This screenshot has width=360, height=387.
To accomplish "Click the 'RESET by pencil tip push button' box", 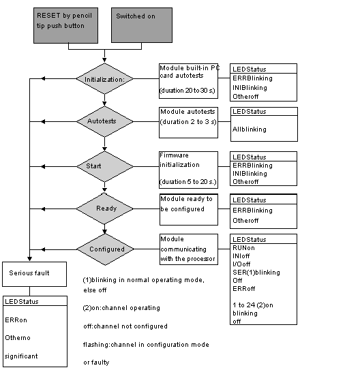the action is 65,25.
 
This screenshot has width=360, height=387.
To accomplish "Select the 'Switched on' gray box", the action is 142,25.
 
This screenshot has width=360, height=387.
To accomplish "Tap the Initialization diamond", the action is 105,79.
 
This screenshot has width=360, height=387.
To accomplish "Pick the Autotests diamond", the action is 105,121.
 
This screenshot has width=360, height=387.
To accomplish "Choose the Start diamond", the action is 105,167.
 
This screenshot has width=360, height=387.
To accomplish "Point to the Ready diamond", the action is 105,208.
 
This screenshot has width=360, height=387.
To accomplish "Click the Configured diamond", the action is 105,249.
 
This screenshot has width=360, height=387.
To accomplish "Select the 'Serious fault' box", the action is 34,274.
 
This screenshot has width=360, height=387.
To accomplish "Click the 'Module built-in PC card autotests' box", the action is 188,81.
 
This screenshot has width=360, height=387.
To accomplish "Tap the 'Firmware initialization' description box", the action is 188,170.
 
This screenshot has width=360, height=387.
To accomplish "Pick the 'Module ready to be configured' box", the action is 189,210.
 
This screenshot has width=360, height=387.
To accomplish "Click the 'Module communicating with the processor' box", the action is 189,249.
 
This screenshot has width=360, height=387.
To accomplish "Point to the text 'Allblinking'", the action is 250,129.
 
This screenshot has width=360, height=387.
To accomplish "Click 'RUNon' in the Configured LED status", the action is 243,248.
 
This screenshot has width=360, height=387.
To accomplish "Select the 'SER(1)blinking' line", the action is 256,273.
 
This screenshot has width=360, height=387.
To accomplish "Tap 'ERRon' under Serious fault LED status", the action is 16,320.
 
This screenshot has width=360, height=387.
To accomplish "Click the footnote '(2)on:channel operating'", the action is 121,308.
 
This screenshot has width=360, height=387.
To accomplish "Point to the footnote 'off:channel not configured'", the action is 125,326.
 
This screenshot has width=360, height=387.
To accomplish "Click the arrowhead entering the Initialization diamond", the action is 104,60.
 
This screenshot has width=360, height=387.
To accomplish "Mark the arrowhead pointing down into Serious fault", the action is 29,259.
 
